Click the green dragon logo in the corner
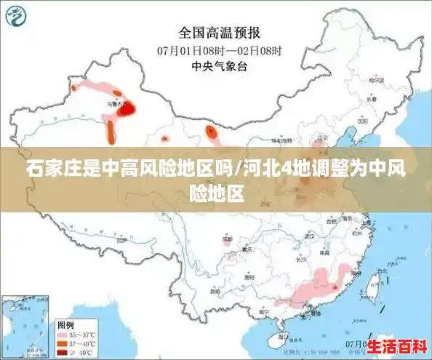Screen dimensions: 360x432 [x=15, y=16]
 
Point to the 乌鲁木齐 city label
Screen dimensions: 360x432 [x=116, y=104]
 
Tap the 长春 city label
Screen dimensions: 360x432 [x=373, y=100]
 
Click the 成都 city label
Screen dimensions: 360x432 [x=228, y=239]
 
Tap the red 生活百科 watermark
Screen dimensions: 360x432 [x=396, y=345]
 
